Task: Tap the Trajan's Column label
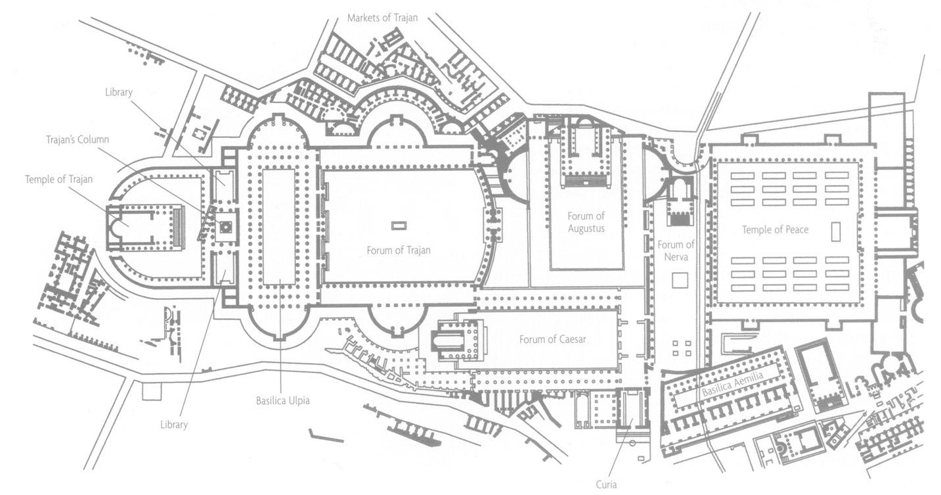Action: point(77,139)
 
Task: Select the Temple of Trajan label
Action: point(58,179)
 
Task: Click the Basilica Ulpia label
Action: point(283,400)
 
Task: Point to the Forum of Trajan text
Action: point(399,250)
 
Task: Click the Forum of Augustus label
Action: point(586,222)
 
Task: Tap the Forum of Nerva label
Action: point(676,250)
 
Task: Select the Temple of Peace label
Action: point(775,229)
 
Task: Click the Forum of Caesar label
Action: point(552,339)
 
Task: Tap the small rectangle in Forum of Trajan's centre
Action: point(399,225)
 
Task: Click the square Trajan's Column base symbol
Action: point(226,227)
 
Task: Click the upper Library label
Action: point(119,92)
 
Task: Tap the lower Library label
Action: point(174,425)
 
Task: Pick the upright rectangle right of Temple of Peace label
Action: point(835,232)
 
